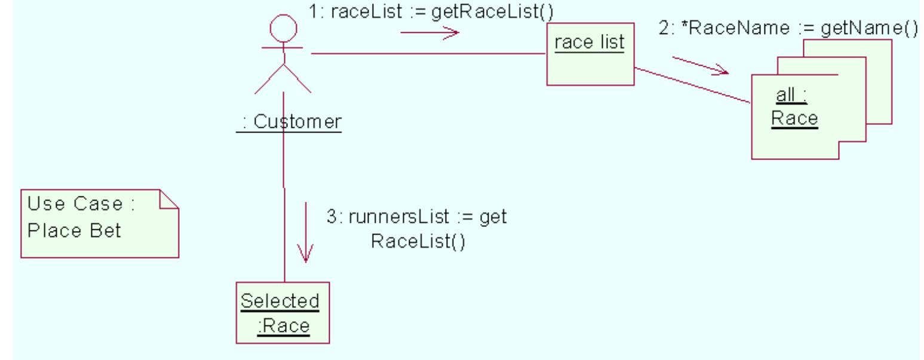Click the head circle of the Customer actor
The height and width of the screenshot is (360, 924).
point(283,27)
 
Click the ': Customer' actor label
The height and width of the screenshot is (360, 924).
point(290,122)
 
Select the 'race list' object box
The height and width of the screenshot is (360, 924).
point(590,54)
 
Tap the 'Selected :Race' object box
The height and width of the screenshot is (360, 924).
point(282,313)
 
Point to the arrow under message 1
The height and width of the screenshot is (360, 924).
point(429,32)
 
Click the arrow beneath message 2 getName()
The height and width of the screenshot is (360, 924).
point(700,66)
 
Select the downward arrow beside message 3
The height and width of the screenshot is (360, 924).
point(305,233)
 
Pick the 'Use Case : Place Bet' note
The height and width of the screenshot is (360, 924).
point(100,223)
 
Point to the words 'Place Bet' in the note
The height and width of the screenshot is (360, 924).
point(75,231)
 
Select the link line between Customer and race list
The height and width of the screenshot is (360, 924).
point(428,54)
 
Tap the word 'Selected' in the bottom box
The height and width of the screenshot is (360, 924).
point(280,301)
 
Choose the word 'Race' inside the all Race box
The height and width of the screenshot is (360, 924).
point(794,118)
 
